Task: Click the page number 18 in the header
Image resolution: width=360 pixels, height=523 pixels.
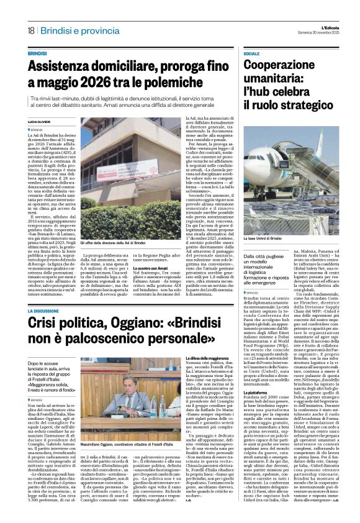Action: pos(30,30)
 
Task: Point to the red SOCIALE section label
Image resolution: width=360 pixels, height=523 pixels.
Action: pos(251,55)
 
